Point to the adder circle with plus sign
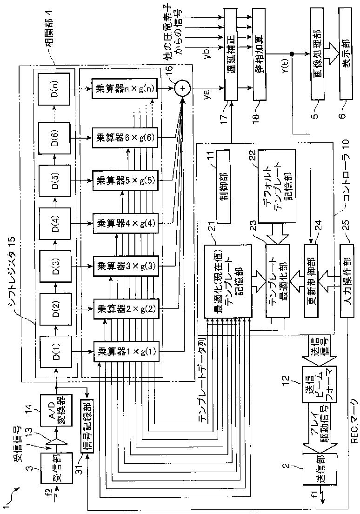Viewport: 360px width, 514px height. (182, 87)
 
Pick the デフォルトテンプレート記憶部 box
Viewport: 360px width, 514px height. (276, 189)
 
